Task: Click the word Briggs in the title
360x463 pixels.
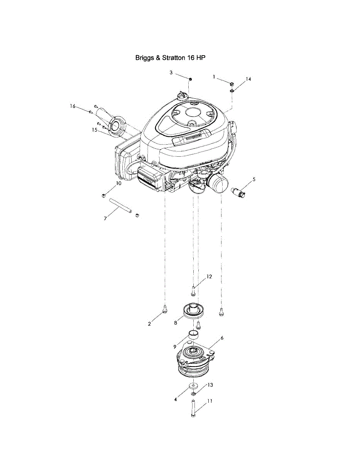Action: [x=144, y=58]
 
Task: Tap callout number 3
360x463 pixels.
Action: [x=171, y=73]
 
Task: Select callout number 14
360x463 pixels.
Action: [x=248, y=79]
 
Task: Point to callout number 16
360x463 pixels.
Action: [x=73, y=106]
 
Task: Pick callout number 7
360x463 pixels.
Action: [x=105, y=219]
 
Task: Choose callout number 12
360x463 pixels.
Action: [x=209, y=277]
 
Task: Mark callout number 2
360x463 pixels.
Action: [x=149, y=324]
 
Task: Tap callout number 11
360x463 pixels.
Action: [x=210, y=401]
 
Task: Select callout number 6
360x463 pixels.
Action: [x=222, y=338]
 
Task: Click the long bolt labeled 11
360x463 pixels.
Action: [x=193, y=408]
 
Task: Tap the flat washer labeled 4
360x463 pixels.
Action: [x=193, y=385]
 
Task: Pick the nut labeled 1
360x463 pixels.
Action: [x=231, y=84]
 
